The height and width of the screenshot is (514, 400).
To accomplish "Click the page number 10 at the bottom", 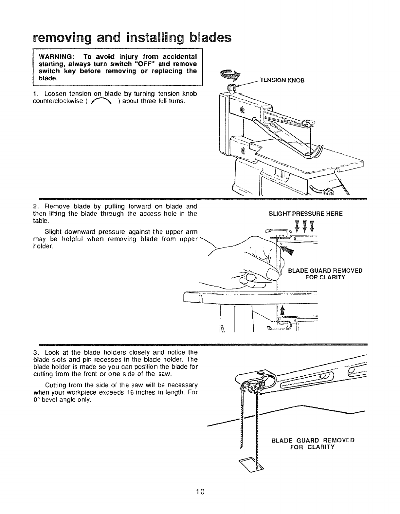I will pyautogui.click(x=200, y=491).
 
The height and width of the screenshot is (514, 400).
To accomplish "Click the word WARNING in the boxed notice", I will pyautogui.click(x=55, y=54).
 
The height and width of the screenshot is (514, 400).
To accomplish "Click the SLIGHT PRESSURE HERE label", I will pyautogui.click(x=305, y=214).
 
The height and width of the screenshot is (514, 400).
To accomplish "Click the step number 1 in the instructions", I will pyautogui.click(x=35, y=94).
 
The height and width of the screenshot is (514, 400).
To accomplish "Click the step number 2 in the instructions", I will pyautogui.click(x=35, y=207).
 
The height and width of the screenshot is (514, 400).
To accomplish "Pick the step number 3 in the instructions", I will pyautogui.click(x=35, y=352).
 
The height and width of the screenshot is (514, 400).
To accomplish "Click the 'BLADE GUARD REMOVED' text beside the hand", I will pyautogui.click(x=325, y=271).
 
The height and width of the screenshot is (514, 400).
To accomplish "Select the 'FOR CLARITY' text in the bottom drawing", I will pyautogui.click(x=313, y=447).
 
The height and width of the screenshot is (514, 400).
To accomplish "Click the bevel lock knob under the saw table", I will pyautogui.click(x=326, y=192).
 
